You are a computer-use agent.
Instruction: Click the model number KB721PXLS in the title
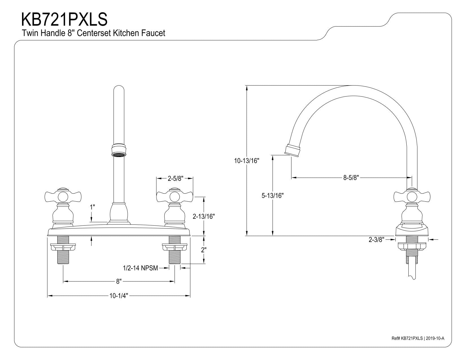click(64, 19)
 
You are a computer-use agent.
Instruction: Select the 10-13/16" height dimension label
click(247, 161)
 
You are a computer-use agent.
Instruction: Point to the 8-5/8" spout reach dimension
click(351, 178)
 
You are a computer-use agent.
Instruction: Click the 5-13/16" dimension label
click(272, 196)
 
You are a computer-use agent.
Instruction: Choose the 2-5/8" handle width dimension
click(175, 178)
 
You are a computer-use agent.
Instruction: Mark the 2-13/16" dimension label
click(204, 217)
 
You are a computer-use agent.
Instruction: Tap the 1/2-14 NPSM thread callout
click(140, 268)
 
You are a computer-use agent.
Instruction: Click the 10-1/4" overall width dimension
click(119, 296)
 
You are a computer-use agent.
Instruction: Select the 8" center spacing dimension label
click(119, 281)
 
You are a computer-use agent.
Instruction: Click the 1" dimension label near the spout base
click(92, 207)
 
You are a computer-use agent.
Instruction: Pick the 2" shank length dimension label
click(204, 250)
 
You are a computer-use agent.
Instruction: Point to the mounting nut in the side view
click(412, 246)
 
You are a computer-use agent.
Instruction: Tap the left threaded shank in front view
click(63, 250)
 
